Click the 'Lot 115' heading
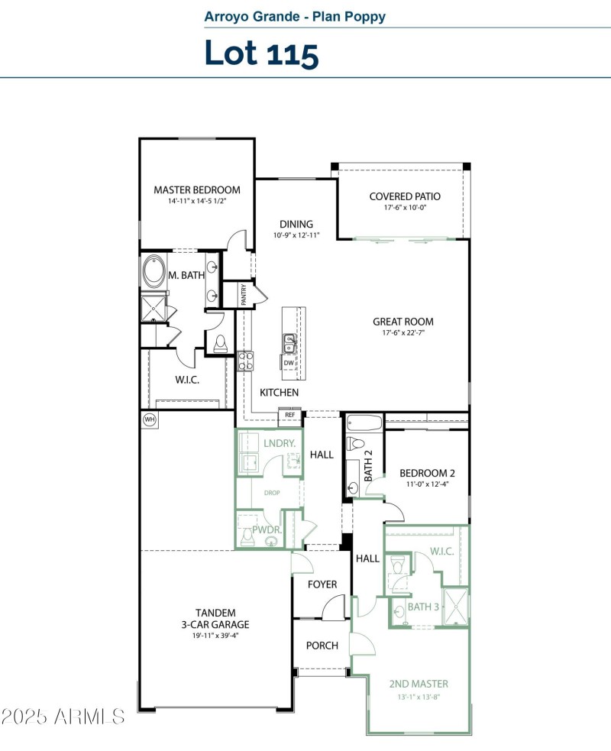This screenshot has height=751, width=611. point(261,53)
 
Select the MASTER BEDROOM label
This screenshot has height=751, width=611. point(197,190)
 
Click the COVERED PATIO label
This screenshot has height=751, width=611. point(405,196)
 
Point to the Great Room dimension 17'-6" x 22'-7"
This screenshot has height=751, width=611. point(403,334)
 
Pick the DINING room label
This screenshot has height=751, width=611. point(296,224)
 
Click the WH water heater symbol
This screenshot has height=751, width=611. point(148,419)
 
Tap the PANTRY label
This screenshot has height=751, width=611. point(244,295)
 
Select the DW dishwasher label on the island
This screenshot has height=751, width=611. point(289,363)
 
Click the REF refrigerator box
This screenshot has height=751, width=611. point(290,416)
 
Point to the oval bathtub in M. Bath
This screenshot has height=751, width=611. point(155,271)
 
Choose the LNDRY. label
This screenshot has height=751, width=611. point(279,444)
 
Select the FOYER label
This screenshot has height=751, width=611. point(322,584)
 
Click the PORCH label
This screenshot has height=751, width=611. point(322,646)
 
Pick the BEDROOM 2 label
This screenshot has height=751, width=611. point(427,472)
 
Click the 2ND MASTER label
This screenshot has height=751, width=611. point(419,684)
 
